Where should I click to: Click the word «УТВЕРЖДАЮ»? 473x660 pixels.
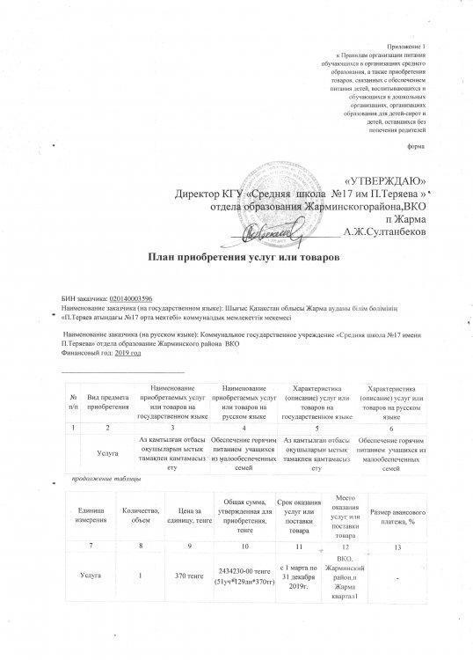[382, 179]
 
